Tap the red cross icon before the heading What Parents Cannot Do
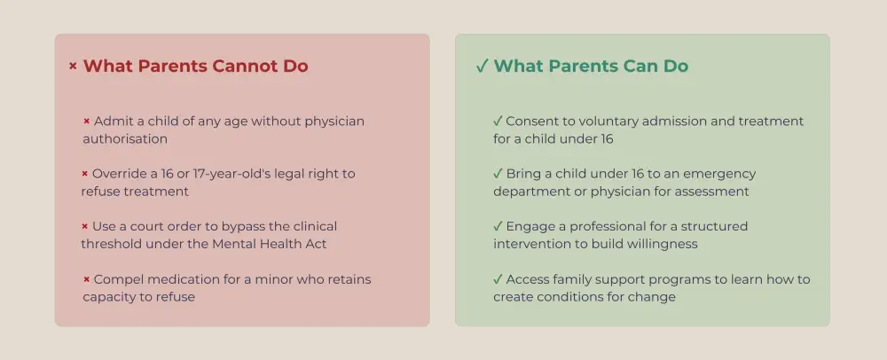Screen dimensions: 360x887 click(x=73, y=67)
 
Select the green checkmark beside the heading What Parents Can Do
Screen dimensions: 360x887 click(x=482, y=67)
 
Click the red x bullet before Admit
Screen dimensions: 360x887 click(x=87, y=121)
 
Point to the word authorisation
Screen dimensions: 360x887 click(x=125, y=138)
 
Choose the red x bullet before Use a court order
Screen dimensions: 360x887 click(x=85, y=227)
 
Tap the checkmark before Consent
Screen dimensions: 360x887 click(x=498, y=121)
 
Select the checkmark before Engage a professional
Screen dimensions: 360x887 click(x=498, y=227)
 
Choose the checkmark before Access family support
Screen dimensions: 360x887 click(x=498, y=279)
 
